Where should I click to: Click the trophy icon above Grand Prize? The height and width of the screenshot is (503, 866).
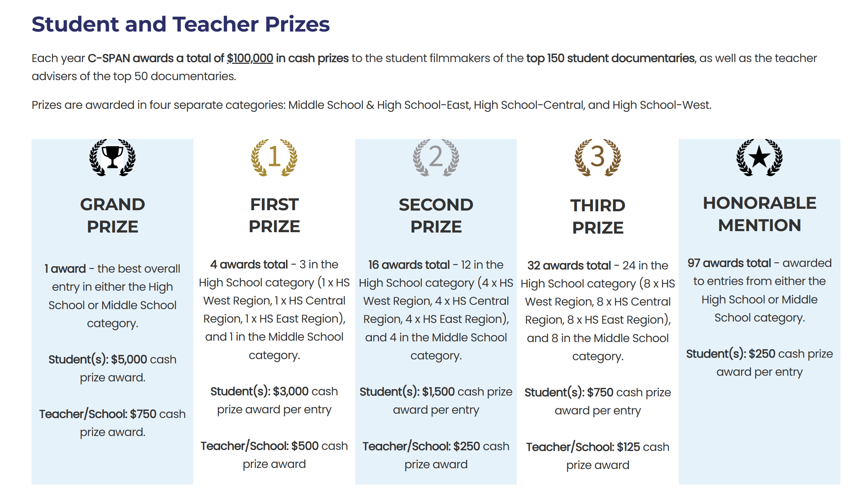coord(112,157)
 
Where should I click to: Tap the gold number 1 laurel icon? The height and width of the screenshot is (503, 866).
coord(274,157)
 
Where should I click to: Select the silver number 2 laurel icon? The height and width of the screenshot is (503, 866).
coord(436,157)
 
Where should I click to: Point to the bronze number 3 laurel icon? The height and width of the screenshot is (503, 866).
coord(598,157)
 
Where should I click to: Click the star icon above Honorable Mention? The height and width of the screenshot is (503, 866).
coord(759,157)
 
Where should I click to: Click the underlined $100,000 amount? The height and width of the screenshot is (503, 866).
coord(250,58)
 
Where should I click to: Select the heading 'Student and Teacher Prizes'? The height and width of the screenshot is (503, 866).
coord(181,24)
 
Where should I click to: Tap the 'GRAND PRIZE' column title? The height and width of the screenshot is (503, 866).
coord(112,215)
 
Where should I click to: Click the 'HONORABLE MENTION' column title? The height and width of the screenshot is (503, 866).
coord(759,214)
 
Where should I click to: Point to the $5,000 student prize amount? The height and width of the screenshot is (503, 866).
coord(129,359)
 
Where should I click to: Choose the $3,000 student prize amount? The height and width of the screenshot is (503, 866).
coord(291,391)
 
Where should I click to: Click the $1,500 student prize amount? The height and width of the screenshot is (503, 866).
coord(438,392)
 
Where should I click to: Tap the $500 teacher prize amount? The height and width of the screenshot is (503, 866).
coord(305,446)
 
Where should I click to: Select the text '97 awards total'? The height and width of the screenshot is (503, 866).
coord(729,263)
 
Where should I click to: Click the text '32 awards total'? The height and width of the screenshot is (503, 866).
coord(569,266)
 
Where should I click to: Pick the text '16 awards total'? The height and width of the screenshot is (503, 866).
coord(409,265)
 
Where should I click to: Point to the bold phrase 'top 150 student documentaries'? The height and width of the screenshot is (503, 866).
coord(610,58)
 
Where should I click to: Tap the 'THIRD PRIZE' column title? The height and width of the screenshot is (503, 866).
coord(598,216)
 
